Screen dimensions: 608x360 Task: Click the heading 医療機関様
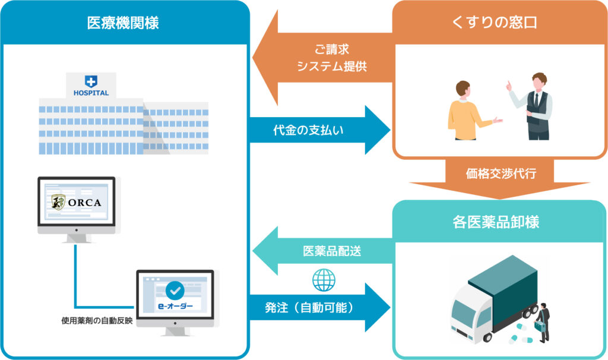[123, 23]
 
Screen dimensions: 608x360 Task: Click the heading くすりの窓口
[495, 22]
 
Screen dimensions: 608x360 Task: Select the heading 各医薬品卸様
[496, 222]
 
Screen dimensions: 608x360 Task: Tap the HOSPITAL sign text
[91, 93]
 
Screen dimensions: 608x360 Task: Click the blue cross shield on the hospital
[91, 81]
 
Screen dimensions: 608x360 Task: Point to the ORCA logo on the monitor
[77, 202]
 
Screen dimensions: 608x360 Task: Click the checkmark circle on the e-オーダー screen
[175, 290]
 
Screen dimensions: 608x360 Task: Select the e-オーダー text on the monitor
[175, 306]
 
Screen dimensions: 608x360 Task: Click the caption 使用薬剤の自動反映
[97, 321]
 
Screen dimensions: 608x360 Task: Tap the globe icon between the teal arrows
[324, 280]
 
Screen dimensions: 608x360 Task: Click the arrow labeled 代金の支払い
[320, 130]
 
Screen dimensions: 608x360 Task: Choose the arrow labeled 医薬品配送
[322, 251]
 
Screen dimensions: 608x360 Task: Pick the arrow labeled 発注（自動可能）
[320, 308]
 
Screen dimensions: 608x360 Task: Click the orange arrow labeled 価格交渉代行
[500, 178]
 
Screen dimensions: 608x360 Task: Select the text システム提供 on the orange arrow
[332, 67]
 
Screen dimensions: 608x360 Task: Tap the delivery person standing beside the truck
[543, 323]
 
